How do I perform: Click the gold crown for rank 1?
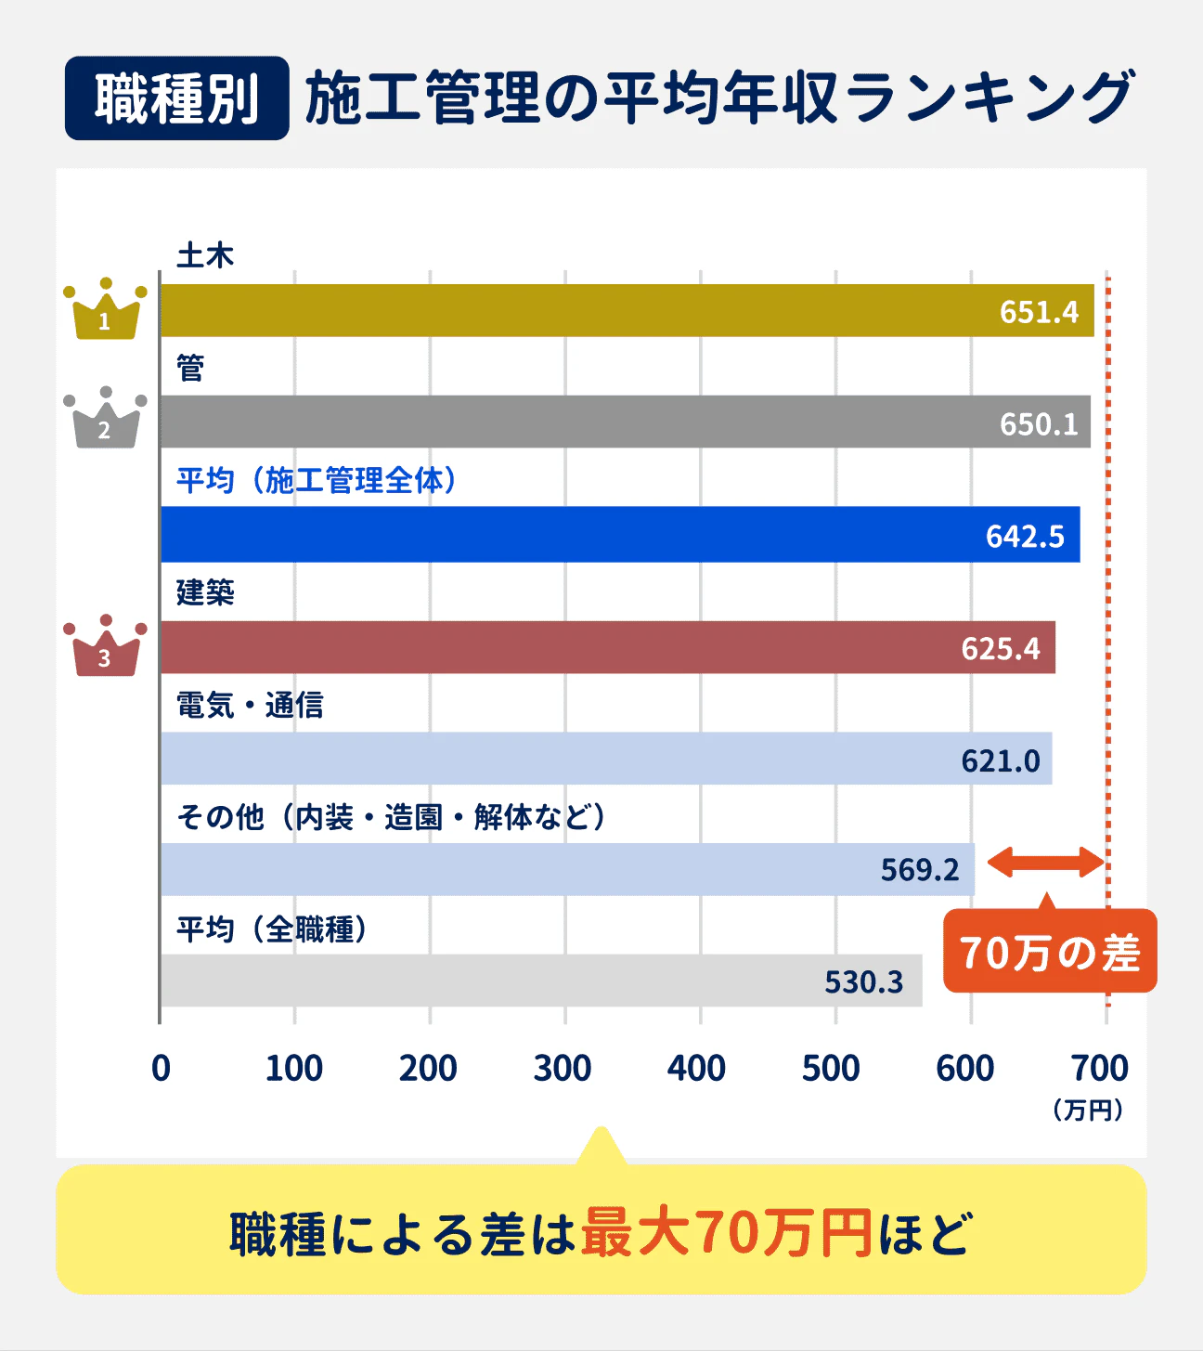pyautogui.click(x=105, y=310)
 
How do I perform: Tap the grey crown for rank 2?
pyautogui.click(x=105, y=419)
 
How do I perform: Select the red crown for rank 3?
pyautogui.click(x=105, y=646)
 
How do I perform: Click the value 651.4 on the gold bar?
pyautogui.click(x=1039, y=312)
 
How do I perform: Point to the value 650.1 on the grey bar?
pyautogui.click(x=1039, y=424)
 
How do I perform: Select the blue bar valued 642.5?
pyautogui.click(x=620, y=535)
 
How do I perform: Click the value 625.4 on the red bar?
pyautogui.click(x=1001, y=648)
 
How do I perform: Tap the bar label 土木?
pyautogui.click(x=205, y=255)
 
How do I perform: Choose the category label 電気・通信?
pyautogui.click(x=250, y=706)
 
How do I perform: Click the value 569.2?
pyautogui.click(x=920, y=870)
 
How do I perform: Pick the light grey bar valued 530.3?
pyautogui.click(x=541, y=981)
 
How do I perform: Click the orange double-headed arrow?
pyautogui.click(x=1045, y=863)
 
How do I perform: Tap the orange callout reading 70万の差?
pyautogui.click(x=1050, y=952)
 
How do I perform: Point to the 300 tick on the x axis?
pyautogui.click(x=563, y=1069)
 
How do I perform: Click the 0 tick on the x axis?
pyautogui.click(x=161, y=1069)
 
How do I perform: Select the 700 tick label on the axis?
pyautogui.click(x=1100, y=1069)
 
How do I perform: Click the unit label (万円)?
pyautogui.click(x=1088, y=1111)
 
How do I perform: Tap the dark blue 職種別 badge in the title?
pyautogui.click(x=176, y=98)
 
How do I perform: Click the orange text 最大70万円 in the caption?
pyautogui.click(x=726, y=1233)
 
